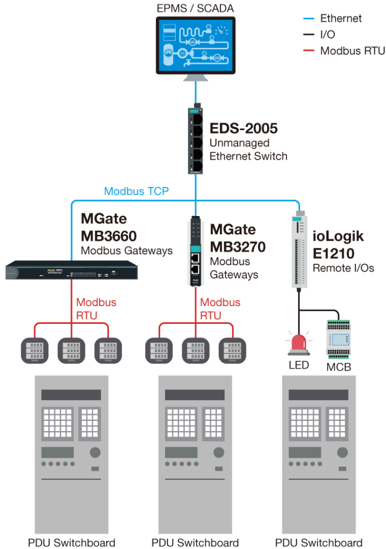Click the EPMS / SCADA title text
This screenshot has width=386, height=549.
click(195, 8)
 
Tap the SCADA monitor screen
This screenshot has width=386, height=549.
click(195, 45)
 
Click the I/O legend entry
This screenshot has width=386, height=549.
click(328, 35)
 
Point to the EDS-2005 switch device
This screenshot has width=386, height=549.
click(196, 140)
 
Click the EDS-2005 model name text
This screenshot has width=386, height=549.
click(244, 129)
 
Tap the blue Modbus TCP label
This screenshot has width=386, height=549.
click(137, 191)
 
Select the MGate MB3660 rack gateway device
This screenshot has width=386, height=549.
click(72, 270)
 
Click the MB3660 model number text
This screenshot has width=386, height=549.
click(109, 236)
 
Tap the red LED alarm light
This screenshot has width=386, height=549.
click(298, 344)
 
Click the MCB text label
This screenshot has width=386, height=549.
click(339, 367)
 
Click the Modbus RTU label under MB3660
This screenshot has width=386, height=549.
click(96, 309)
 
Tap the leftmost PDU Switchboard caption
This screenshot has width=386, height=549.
click(72, 543)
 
